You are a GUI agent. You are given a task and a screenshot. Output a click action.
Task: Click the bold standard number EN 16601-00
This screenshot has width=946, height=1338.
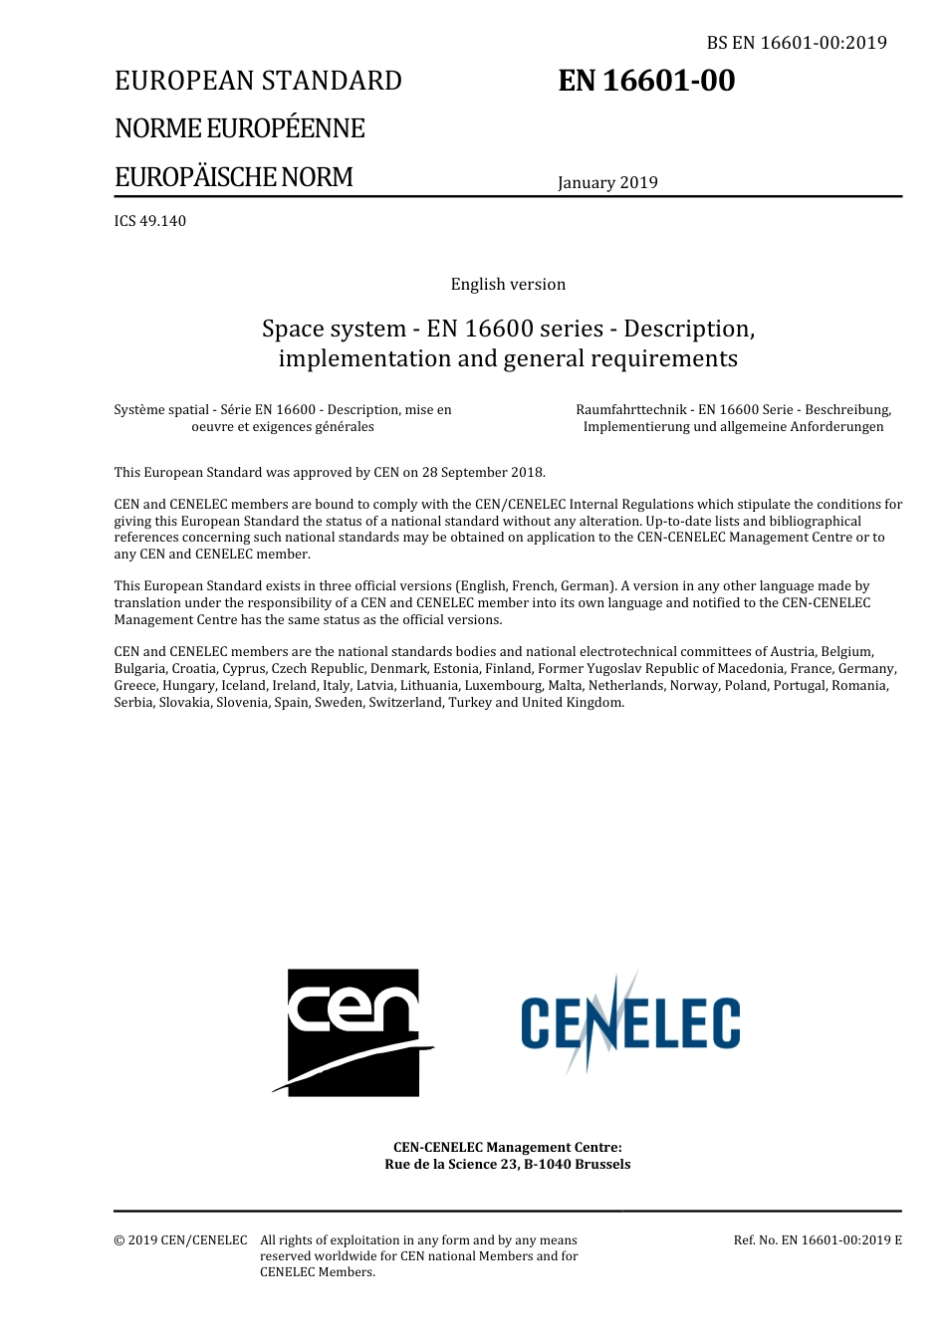[x=646, y=81]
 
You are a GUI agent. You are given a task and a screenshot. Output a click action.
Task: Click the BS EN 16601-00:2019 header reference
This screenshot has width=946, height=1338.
[x=796, y=43]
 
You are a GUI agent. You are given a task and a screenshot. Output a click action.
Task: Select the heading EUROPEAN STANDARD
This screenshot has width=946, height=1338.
[x=258, y=81]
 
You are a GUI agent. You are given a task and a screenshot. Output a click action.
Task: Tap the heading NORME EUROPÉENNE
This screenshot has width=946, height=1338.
[x=239, y=128]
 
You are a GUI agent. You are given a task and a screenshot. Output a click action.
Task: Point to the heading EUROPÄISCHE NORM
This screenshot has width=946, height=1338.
[x=234, y=177]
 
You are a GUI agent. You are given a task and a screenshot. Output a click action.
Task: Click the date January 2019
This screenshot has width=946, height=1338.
[x=607, y=182]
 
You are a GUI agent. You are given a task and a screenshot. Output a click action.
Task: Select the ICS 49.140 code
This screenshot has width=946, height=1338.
[x=150, y=221]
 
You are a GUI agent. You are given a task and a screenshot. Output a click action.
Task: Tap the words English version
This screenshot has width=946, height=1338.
[x=508, y=285]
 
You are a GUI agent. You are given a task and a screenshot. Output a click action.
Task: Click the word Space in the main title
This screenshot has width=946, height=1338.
[x=291, y=329]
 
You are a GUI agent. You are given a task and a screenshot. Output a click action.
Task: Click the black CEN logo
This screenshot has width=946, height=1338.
[x=354, y=1031]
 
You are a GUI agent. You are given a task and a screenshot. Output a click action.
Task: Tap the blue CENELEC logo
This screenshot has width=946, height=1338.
[x=630, y=1023]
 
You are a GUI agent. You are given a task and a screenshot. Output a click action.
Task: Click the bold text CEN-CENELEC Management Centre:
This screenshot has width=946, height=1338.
[x=508, y=1148]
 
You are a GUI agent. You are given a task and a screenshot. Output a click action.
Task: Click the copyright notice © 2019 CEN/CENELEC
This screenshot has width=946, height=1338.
[x=180, y=1240]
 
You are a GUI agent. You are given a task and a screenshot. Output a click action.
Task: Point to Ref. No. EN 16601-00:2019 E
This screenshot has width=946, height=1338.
[x=818, y=1240]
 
